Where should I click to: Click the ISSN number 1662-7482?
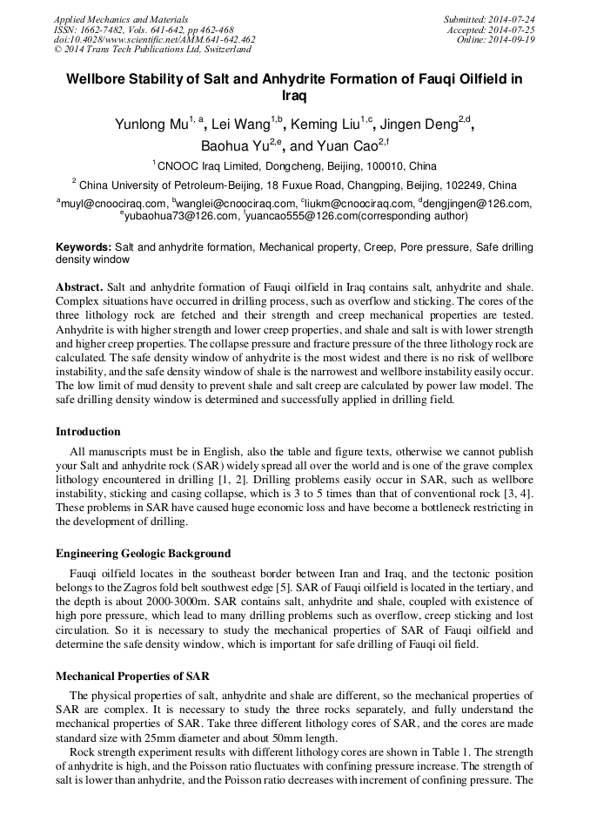104,30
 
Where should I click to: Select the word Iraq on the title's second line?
295,97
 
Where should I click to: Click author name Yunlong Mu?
151,124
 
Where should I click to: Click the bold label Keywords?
84,248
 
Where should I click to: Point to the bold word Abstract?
79,286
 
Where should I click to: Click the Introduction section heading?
88,432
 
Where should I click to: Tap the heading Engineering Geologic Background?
143,554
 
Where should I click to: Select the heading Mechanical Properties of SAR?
132,676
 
